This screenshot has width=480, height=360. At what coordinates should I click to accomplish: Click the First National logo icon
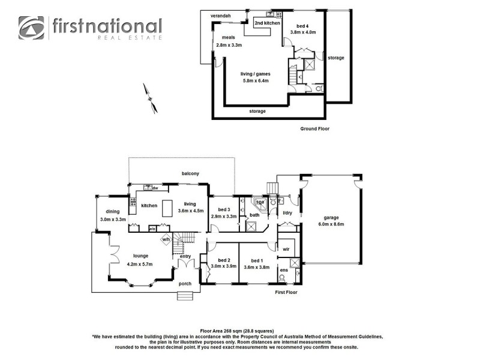(31, 28)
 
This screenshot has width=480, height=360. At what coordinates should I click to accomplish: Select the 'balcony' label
(190, 173)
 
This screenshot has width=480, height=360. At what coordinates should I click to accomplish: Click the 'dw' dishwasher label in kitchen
(155, 188)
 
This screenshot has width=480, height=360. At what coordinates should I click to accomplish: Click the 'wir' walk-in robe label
(286, 248)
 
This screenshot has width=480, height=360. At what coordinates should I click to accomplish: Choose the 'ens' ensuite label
(284, 271)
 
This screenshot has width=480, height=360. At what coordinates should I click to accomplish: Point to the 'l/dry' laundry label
(287, 213)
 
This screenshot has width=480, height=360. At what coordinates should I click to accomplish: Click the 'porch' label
(185, 284)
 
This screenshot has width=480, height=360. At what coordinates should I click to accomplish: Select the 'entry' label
(185, 256)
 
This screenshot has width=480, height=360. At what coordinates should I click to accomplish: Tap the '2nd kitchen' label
(267, 23)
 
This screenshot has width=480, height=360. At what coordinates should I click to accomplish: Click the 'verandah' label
(217, 16)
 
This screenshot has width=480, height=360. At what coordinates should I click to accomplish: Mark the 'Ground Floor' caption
(314, 128)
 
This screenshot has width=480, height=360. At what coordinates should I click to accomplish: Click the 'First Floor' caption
(286, 292)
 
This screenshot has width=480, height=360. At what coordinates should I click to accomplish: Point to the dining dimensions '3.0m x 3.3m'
(113, 220)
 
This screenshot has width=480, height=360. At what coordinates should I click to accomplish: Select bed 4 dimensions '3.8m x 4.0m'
(302, 32)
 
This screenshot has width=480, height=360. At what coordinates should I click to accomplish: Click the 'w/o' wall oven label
(152, 229)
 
